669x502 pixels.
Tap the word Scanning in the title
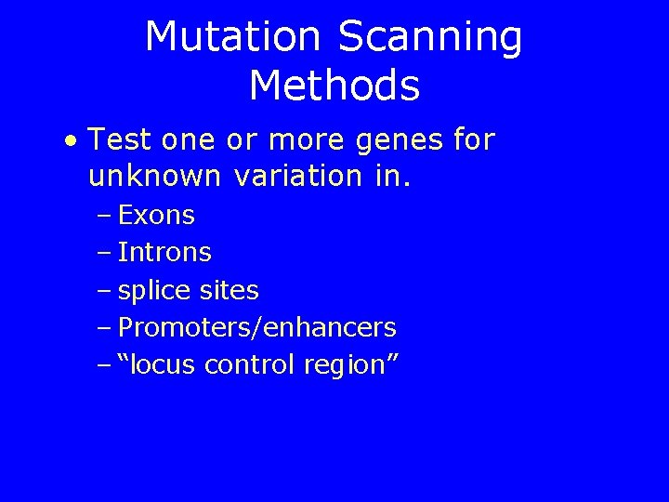click(430, 37)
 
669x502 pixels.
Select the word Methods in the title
click(334, 86)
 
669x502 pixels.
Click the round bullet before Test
click(72, 142)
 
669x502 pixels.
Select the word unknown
click(154, 175)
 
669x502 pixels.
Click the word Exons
click(157, 216)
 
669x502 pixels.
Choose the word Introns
click(165, 253)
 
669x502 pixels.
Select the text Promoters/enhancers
click(257, 327)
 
